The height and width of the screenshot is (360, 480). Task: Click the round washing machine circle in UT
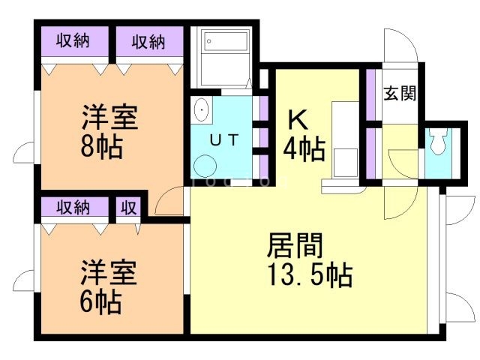click(203, 165)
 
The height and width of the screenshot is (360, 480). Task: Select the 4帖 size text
click(304, 149)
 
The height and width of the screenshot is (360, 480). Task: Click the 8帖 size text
click(103, 145)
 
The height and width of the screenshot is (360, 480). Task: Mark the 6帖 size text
click(101, 302)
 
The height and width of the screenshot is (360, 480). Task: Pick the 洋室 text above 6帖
click(109, 274)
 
